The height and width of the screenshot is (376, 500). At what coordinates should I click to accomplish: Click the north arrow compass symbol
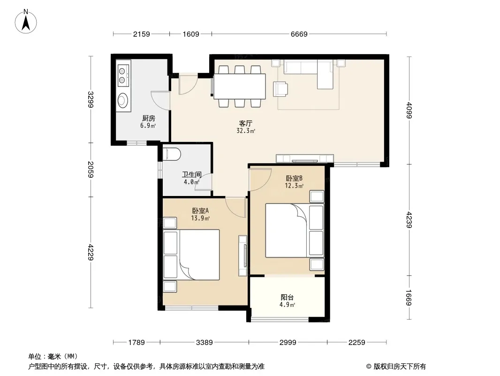click(26, 22)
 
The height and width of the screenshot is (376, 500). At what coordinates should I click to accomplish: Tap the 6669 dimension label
click(299, 34)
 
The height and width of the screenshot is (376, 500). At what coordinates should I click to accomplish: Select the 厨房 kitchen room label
click(149, 118)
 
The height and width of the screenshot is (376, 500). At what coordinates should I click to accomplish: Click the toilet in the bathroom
click(172, 154)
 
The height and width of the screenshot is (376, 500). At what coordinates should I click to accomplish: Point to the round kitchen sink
click(123, 100)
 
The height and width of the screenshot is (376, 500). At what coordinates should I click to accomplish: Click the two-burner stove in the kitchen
click(123, 75)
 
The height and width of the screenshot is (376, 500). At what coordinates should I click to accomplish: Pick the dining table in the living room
click(240, 86)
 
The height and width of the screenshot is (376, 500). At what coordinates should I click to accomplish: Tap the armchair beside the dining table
click(280, 89)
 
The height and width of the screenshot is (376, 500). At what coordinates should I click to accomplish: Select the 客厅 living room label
click(245, 123)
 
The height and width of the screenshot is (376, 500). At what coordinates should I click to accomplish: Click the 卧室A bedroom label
click(200, 211)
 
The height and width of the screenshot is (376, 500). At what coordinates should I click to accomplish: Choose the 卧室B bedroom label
click(294, 178)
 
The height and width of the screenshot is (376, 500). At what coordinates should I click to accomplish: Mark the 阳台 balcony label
click(287, 298)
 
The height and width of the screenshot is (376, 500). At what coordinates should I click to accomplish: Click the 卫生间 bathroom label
click(192, 174)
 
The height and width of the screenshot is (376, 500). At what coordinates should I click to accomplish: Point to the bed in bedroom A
click(191, 255)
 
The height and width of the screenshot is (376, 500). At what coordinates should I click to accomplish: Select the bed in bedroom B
click(295, 231)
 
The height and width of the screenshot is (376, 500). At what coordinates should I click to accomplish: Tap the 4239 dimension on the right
click(409, 220)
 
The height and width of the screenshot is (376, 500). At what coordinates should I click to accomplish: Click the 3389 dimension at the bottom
click(204, 343)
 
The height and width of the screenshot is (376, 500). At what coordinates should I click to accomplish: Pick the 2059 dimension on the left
click(91, 169)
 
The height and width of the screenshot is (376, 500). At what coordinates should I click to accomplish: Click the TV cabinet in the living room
click(305, 158)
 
